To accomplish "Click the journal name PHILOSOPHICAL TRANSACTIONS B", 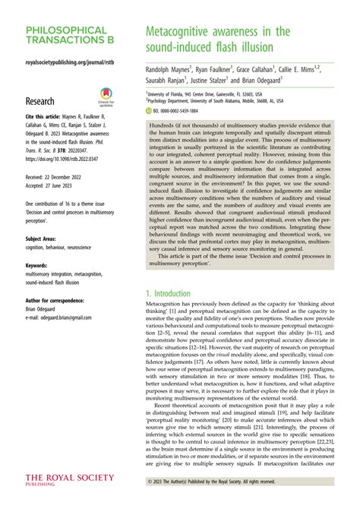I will point(65,36).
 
